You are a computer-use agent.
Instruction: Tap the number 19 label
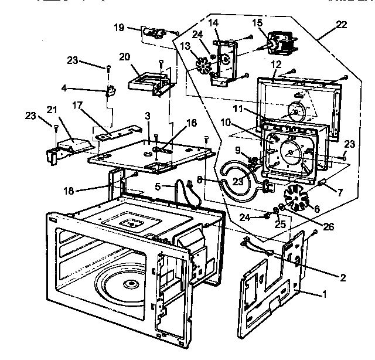pos(118,28)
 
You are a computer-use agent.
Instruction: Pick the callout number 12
pos(276,63)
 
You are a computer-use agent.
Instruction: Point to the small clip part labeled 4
pos(110,91)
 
